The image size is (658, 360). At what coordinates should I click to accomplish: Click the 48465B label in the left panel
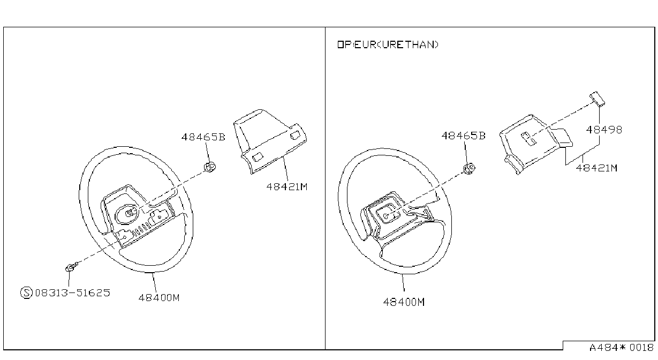click(203, 137)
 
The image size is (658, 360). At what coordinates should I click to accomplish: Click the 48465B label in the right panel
click(463, 136)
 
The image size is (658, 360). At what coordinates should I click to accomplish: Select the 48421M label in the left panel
click(286, 187)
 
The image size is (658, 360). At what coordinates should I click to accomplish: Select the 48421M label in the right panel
click(596, 168)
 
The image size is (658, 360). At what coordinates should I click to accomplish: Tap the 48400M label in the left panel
click(159, 298)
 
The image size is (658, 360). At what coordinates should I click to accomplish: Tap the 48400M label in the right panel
click(404, 302)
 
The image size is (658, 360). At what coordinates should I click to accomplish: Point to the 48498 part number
click(604, 130)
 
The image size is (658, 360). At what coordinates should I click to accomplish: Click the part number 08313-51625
click(73, 292)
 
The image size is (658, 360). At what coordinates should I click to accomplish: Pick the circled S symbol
click(26, 292)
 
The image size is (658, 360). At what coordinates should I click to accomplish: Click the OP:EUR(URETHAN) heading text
click(388, 44)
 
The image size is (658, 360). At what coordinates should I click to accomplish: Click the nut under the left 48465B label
click(210, 167)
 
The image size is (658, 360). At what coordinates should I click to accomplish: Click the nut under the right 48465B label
click(469, 169)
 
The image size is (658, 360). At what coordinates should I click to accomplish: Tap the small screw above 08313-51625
click(71, 267)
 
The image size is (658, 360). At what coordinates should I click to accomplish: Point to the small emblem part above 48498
click(597, 99)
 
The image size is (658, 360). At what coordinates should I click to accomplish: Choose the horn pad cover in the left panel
click(270, 141)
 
